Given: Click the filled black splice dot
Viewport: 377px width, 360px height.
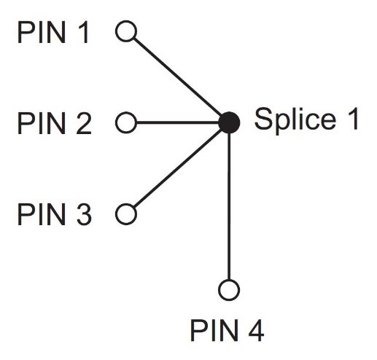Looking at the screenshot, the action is (x=229, y=122).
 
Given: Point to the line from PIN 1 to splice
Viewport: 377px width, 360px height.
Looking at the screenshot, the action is (x=177, y=77).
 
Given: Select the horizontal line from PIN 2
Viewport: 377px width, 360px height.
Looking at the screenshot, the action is (x=178, y=122).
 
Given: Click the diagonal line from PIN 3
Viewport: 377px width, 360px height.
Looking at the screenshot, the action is (x=177, y=168).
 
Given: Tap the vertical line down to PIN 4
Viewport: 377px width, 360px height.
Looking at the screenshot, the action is (x=229, y=206).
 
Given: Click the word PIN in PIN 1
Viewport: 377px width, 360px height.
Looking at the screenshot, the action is (x=42, y=32).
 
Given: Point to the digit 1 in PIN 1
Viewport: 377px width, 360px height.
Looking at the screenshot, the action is (x=83, y=32).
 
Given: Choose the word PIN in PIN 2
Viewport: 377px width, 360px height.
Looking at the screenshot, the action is (x=42, y=123).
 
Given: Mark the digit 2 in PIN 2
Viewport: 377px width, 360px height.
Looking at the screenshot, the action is (x=84, y=123).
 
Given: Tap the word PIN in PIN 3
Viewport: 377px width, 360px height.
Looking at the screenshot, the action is (x=42, y=214).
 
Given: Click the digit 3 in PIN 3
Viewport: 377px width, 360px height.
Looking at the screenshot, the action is (x=84, y=214).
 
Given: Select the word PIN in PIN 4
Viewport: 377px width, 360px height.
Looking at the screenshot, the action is (x=214, y=331).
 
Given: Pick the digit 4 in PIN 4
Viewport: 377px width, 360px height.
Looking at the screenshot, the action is (x=256, y=331).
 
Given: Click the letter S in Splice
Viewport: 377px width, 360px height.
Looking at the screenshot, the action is (x=263, y=118).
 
